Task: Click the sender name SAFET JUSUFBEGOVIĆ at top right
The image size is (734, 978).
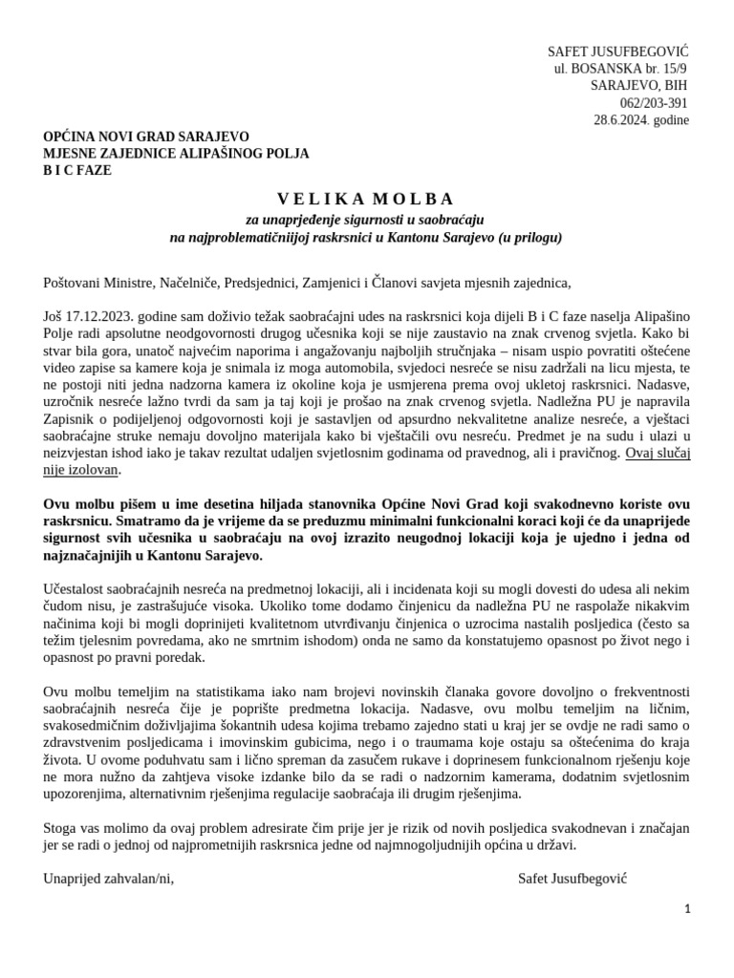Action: (x=617, y=51)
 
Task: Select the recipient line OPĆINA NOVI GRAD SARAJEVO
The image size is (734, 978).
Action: (x=146, y=137)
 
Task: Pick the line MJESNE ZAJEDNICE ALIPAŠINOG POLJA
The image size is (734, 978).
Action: (x=176, y=154)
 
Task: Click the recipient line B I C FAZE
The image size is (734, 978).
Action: (x=77, y=171)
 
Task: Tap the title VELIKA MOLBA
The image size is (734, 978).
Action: (x=366, y=200)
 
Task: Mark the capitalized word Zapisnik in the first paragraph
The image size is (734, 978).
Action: (x=71, y=419)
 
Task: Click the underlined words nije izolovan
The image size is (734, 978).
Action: (x=82, y=470)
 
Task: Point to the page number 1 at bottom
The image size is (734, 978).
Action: (x=687, y=909)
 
